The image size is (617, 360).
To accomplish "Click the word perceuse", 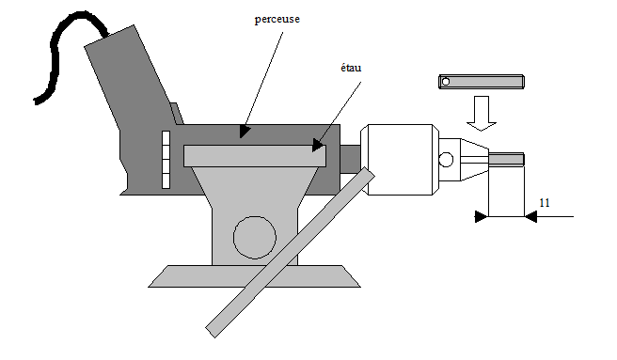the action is point(277,20).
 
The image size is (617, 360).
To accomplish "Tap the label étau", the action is point(351,68).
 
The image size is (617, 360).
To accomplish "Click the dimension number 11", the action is point(545,203).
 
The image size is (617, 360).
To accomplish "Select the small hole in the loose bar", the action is point(446,82).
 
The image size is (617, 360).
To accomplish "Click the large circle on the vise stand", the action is point(255,237).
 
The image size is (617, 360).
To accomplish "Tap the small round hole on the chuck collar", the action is point(446,160).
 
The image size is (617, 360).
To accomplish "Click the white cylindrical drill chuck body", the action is point(400,160).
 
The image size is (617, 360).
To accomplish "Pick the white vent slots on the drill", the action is point(166,160).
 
